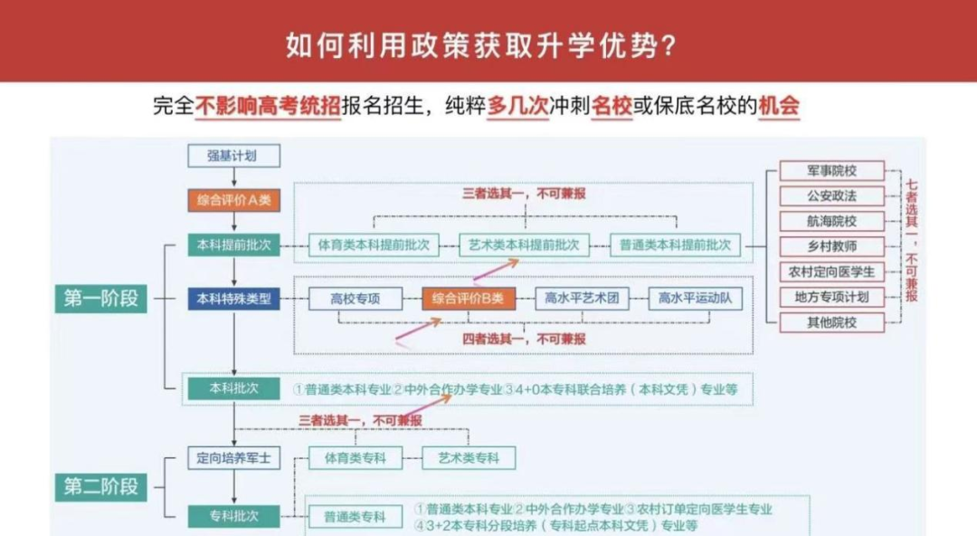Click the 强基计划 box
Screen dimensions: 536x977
pos(233,156)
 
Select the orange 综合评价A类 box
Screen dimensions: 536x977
pos(233,200)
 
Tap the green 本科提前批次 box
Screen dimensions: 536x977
pos(233,244)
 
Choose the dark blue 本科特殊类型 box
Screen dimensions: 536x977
pos(233,298)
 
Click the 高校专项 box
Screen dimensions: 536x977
pos(355,298)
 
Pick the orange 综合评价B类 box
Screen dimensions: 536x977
pos(468,298)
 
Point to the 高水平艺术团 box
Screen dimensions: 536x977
pos(582,298)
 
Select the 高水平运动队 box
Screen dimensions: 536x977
pos(695,298)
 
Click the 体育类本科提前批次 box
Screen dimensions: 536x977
pos(374,244)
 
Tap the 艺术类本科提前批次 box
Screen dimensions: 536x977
pos(525,244)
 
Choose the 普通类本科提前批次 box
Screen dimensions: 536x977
pos(675,244)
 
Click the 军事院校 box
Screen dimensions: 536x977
pos(831,170)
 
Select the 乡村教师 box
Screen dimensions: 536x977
pos(831,246)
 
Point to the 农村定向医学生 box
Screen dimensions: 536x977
pos(831,272)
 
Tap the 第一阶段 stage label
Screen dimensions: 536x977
pos(101,298)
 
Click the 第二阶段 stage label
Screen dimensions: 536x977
pos(101,486)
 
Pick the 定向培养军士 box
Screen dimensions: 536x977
pos(233,458)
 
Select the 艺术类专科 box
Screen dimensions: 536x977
pos(468,458)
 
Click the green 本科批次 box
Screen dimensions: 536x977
pos(233,388)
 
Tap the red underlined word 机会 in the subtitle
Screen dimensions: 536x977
pos(779,107)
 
